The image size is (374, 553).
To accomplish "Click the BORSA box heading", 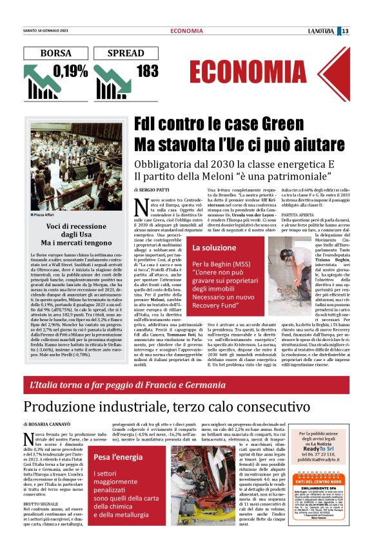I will tap(55, 53).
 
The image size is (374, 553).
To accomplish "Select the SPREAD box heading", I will tap(126, 53).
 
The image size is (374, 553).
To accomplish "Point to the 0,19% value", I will tap(71, 70).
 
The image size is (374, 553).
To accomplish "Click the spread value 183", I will tap(147, 70).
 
